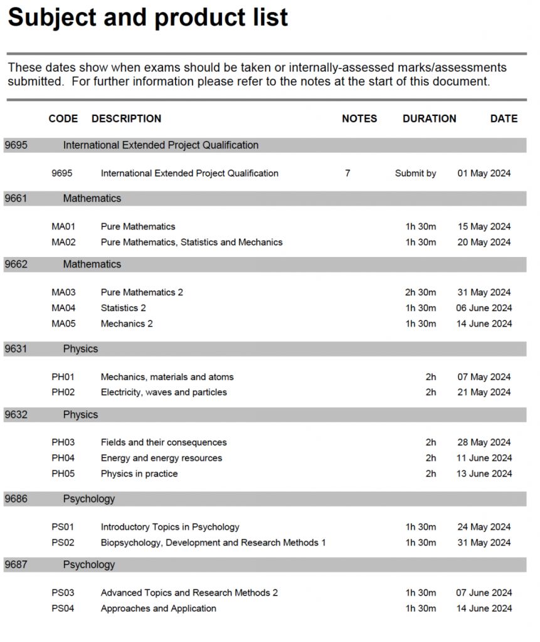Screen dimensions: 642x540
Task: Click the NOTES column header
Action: [359, 118]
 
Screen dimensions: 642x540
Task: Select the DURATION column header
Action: [429, 118]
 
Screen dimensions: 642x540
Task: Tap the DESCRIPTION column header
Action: [126, 118]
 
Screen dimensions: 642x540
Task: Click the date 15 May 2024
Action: [484, 227]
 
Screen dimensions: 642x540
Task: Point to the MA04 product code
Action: [63, 308]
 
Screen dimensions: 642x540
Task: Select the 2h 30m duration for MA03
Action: [420, 292]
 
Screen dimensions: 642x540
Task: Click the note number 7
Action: [347, 173]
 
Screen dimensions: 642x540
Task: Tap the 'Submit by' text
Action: [415, 174]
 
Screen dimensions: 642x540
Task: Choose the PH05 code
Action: [63, 473]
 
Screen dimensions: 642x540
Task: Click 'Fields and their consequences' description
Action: [164, 443]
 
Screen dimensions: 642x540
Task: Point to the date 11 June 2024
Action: [484, 458]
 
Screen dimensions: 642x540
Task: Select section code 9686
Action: [16, 499]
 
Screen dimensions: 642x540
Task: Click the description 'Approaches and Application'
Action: [158, 608]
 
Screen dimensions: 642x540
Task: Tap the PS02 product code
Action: [63, 542]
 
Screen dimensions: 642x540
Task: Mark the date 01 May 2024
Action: [484, 174]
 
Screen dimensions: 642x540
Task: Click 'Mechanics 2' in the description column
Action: [127, 324]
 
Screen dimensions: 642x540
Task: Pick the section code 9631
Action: [16, 349]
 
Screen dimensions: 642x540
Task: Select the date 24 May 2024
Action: [484, 527]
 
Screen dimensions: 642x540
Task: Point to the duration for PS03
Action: [420, 592]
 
